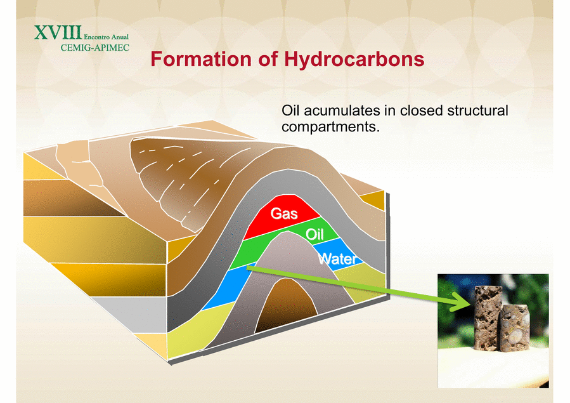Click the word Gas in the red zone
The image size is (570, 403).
[284, 213]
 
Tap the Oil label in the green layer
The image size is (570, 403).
[315, 234]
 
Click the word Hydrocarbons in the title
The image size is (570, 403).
[354, 59]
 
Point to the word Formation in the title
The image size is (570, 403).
[201, 59]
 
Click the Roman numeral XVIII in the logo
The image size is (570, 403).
[58, 33]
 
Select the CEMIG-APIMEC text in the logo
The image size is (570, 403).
[95, 48]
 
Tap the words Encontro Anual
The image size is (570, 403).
[106, 37]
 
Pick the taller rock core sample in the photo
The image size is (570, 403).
[488, 318]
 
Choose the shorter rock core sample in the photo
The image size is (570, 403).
[514, 329]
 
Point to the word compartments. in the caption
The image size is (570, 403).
[330, 126]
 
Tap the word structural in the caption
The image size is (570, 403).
[477, 110]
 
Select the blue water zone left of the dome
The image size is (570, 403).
[226, 287]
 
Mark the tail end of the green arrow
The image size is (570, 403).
[248, 268]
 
